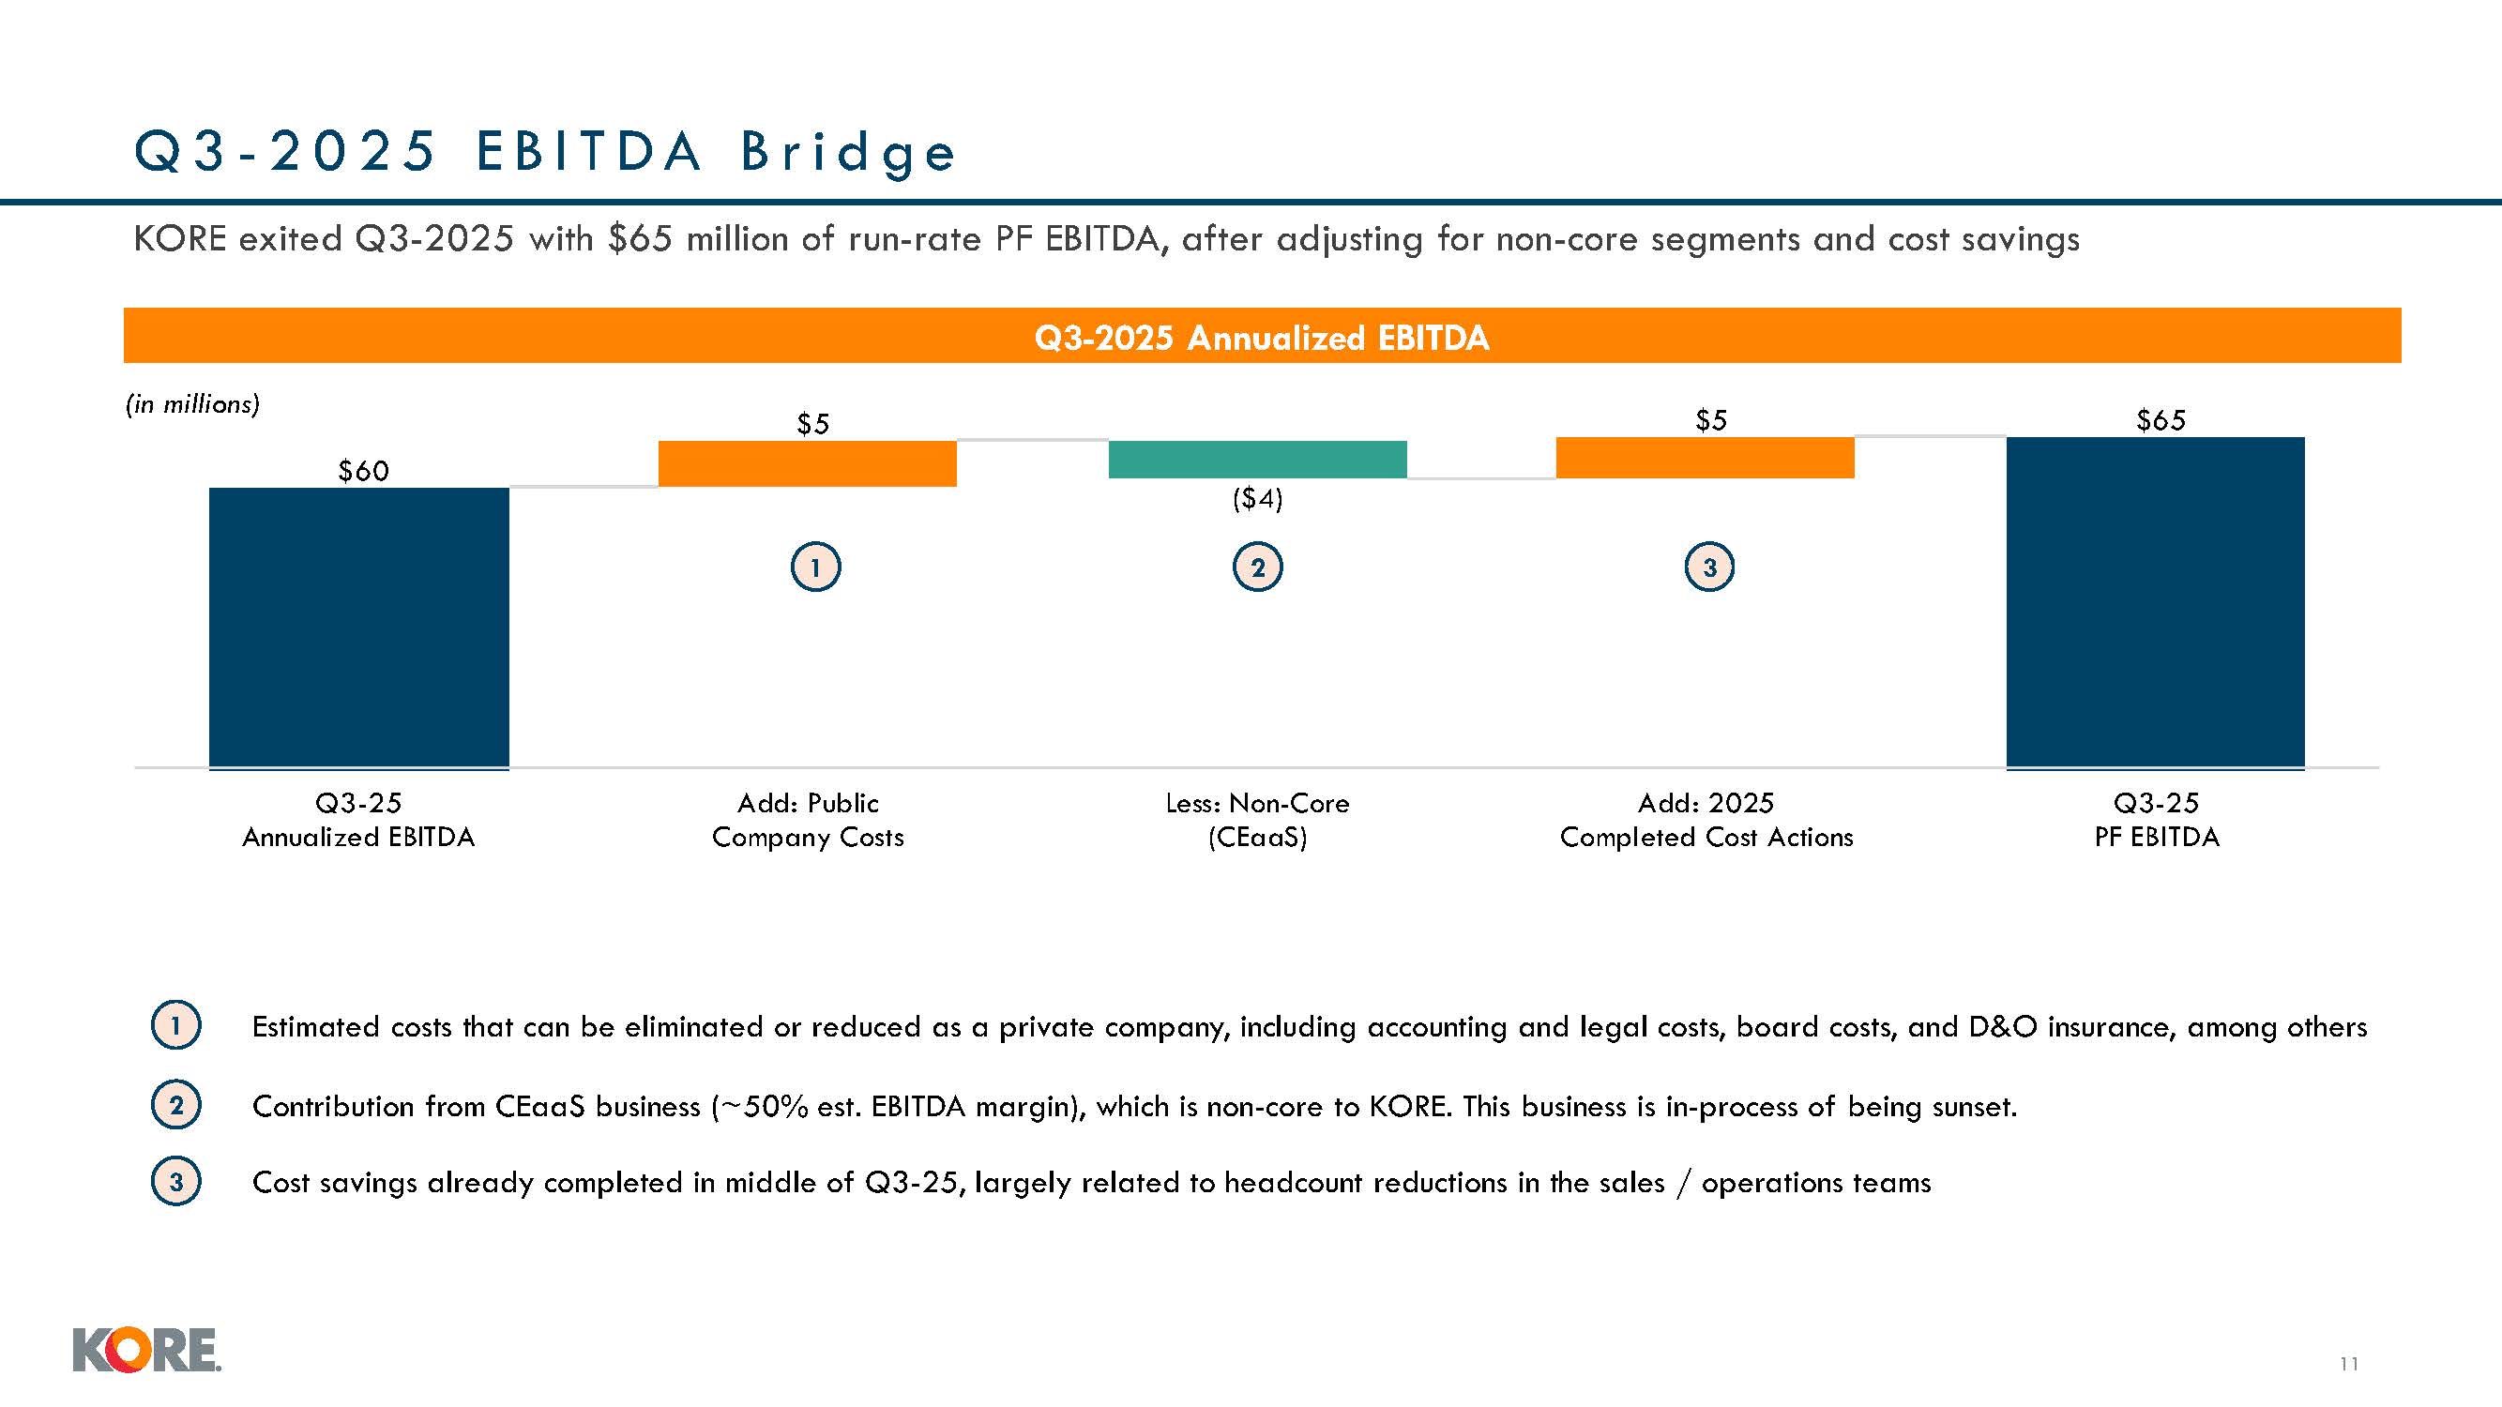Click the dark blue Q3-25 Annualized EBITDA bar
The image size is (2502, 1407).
[x=358, y=628]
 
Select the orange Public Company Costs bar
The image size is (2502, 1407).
[x=807, y=463]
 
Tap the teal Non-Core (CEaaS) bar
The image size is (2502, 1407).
[x=1257, y=460]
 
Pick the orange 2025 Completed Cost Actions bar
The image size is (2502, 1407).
[x=1705, y=458]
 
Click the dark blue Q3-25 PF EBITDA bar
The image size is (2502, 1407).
[x=2154, y=602]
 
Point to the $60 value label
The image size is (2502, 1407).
[x=363, y=471]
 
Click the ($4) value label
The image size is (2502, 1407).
[x=1257, y=499]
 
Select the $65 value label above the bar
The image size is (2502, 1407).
[x=2161, y=420]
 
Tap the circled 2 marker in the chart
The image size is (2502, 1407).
[x=1257, y=568]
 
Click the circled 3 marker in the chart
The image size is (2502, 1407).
[x=1708, y=567]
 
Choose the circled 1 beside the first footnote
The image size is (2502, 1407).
[x=175, y=1025]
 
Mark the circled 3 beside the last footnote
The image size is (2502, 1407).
[x=175, y=1182]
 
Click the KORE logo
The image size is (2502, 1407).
[x=146, y=1350]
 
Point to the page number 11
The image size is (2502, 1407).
[x=2348, y=1363]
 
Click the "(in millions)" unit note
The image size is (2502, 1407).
[x=192, y=404]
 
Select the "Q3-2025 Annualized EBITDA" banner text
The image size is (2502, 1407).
[x=1261, y=338]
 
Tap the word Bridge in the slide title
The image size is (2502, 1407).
[x=848, y=154]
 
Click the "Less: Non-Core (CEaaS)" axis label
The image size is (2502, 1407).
[x=1257, y=820]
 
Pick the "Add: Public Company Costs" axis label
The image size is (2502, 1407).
[x=807, y=820]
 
